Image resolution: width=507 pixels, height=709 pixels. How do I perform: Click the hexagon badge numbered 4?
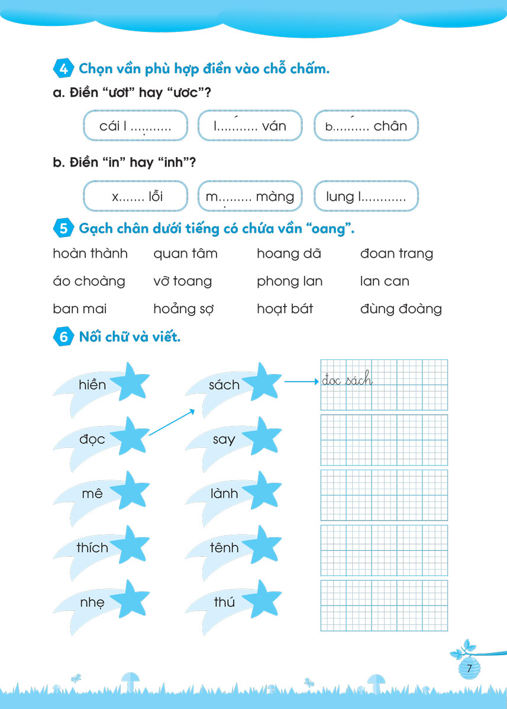(x=63, y=69)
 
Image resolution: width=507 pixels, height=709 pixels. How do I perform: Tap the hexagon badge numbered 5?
(x=63, y=228)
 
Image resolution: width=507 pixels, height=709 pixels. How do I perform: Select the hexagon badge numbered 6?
(x=63, y=337)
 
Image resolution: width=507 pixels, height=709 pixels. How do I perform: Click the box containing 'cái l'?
(x=135, y=126)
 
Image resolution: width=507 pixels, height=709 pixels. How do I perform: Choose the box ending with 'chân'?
(x=366, y=126)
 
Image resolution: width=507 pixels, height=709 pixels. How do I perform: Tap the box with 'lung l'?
(x=366, y=196)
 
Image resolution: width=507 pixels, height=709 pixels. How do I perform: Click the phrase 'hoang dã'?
(x=289, y=253)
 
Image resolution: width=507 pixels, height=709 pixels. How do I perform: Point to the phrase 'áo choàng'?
(x=89, y=281)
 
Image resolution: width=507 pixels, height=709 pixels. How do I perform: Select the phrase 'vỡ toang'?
(x=182, y=281)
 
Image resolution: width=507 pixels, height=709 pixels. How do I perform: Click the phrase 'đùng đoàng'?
(x=401, y=308)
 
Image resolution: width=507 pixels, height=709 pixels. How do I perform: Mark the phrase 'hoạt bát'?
(x=285, y=308)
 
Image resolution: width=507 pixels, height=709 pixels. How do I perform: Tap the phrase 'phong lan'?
(x=289, y=281)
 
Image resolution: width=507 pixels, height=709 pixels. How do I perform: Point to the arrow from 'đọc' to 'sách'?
(x=171, y=422)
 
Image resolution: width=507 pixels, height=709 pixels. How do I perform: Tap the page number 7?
(x=469, y=669)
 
